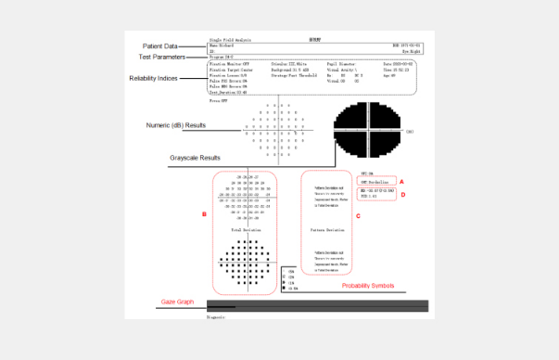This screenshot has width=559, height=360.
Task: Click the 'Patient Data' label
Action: click(159, 45)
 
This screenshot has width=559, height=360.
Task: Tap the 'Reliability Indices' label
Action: click(153, 79)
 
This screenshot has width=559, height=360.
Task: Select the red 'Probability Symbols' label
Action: click(370, 285)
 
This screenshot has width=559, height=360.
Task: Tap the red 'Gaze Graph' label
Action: click(176, 302)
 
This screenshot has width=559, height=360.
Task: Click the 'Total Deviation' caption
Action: click(246, 228)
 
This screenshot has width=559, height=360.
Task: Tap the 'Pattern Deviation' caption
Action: click(329, 228)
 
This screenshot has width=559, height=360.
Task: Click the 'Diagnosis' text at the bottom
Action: click(215, 315)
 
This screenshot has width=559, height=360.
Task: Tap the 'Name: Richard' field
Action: click(222, 44)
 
